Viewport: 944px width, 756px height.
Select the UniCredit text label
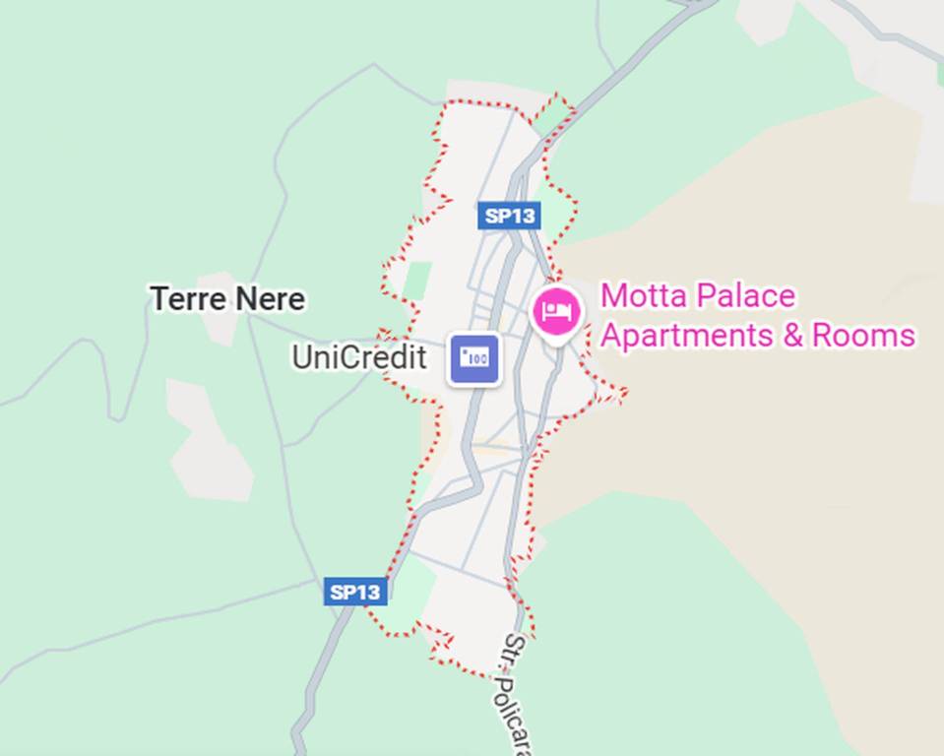pyautogui.click(x=358, y=357)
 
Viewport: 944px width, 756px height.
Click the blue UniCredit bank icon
pyautogui.click(x=474, y=358)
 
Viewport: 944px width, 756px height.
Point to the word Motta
pyautogui.click(x=643, y=296)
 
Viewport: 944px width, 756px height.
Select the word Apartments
pyautogui.click(x=687, y=336)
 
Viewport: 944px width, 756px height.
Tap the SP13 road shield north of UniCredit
pyautogui.click(x=508, y=216)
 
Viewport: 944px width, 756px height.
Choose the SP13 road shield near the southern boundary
pyautogui.click(x=354, y=592)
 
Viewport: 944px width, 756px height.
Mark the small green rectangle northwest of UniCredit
pyautogui.click(x=417, y=280)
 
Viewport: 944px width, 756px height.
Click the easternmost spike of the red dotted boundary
pyautogui.click(x=624, y=395)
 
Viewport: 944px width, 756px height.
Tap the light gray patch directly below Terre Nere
pyautogui.click(x=209, y=438)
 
